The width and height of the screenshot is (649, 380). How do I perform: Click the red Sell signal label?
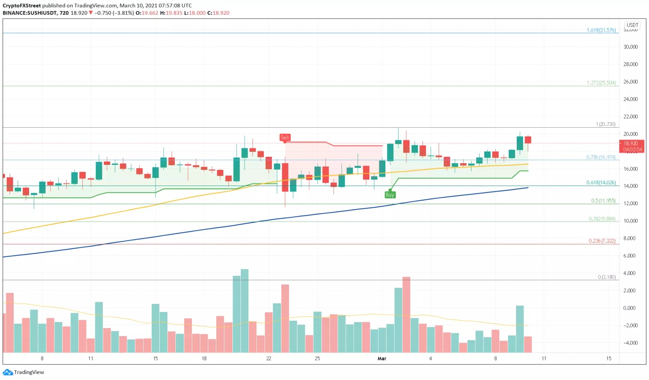(x=285, y=137)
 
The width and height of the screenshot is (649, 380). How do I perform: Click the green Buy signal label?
(x=390, y=195)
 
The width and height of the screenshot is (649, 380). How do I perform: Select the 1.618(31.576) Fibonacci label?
(x=601, y=30)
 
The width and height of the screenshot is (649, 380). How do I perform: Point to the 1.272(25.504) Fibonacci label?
(x=601, y=82)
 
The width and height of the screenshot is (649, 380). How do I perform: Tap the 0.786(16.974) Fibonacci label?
(x=600, y=157)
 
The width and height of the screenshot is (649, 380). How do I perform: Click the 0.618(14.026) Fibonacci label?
(x=600, y=183)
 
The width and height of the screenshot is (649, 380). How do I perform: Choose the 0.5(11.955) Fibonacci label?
(x=603, y=201)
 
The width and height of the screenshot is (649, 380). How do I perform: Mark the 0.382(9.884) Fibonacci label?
(x=602, y=219)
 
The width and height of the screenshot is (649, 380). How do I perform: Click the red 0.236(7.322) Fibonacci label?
(x=602, y=241)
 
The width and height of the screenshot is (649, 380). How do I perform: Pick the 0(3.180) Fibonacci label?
(x=606, y=277)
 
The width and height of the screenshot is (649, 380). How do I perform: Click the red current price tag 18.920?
(x=631, y=144)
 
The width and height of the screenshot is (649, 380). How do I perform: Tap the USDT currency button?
(x=632, y=25)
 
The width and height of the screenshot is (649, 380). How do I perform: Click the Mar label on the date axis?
(x=382, y=358)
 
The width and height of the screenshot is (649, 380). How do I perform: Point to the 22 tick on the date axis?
(x=269, y=358)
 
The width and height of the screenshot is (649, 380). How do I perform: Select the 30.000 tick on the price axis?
(x=630, y=47)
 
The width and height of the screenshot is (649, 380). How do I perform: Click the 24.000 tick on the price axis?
(x=630, y=99)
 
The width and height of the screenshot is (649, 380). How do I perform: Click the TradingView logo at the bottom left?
(x=24, y=372)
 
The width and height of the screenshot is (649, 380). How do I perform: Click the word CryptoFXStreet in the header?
(x=22, y=5)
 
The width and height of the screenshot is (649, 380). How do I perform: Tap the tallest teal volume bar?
(x=244, y=311)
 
